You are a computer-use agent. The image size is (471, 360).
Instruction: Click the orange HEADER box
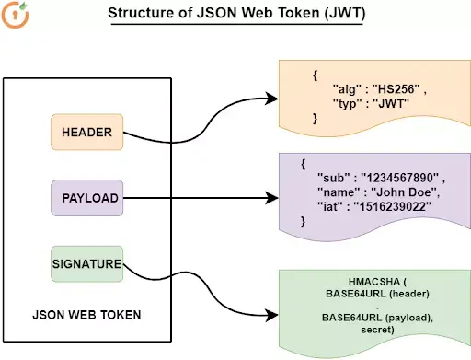click(x=87, y=132)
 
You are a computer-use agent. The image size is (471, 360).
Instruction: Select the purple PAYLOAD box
click(x=87, y=198)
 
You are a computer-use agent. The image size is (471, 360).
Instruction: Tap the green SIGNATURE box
click(x=87, y=264)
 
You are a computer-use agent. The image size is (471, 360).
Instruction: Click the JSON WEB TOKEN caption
click(x=86, y=315)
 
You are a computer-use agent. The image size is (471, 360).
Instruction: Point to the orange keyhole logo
click(x=16, y=15)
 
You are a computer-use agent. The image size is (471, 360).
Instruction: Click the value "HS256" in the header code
click(x=396, y=89)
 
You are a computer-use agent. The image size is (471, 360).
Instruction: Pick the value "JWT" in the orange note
click(x=391, y=103)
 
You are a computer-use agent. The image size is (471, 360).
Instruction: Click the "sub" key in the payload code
click(x=334, y=178)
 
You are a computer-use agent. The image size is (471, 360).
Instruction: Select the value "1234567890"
click(x=399, y=178)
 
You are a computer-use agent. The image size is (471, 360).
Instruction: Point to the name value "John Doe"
click(x=404, y=192)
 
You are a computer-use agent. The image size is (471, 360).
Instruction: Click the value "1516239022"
click(x=392, y=206)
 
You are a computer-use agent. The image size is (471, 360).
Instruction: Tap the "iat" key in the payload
click(x=329, y=206)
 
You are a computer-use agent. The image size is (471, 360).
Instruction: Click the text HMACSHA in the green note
click(x=374, y=282)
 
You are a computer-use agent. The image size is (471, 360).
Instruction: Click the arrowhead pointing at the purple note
click(x=272, y=198)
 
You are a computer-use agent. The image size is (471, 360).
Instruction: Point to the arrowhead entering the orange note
click(x=272, y=99)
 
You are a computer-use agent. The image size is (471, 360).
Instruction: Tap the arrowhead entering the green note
click(x=272, y=315)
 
